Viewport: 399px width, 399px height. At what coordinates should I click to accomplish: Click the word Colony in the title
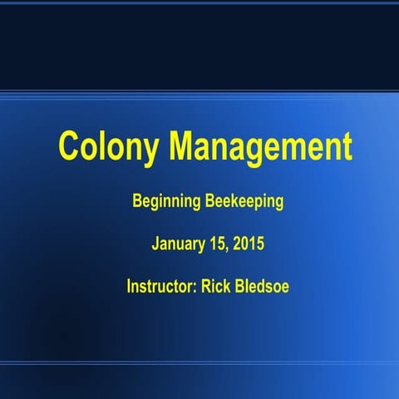point(111,147)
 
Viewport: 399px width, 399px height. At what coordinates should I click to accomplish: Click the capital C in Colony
point(70,146)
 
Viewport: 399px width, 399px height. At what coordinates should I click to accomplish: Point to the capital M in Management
point(185,146)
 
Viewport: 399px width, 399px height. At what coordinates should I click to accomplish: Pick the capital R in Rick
point(206,288)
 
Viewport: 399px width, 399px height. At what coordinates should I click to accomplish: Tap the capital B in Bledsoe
point(239,288)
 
